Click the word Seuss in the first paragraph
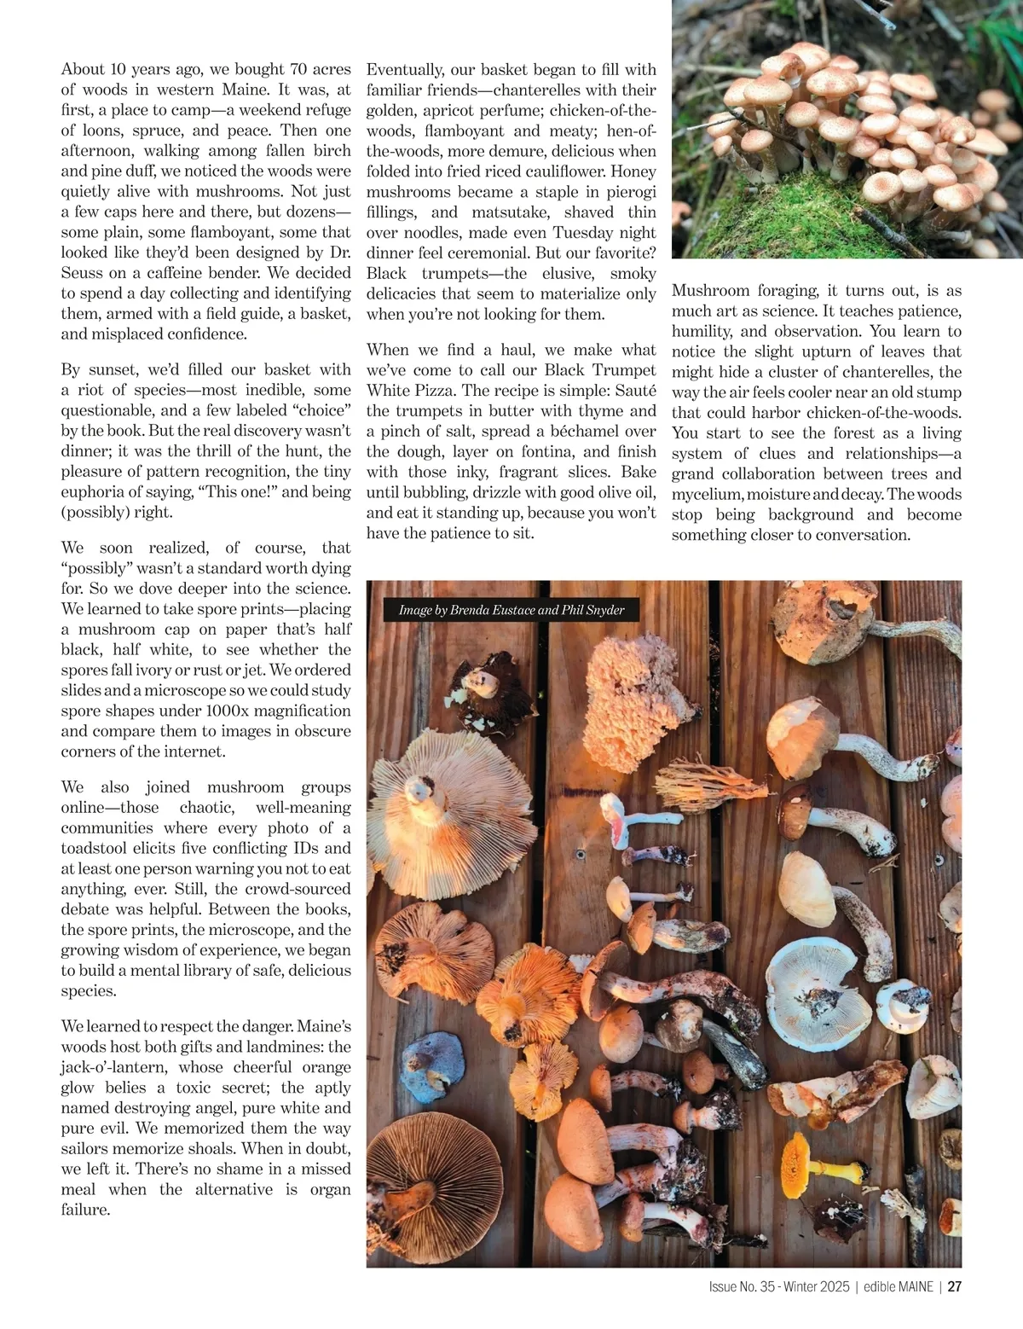pyautogui.click(x=84, y=273)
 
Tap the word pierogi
pyautogui.click(x=629, y=191)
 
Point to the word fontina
pyautogui.click(x=540, y=451)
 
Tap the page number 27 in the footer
pyautogui.click(x=955, y=1287)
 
